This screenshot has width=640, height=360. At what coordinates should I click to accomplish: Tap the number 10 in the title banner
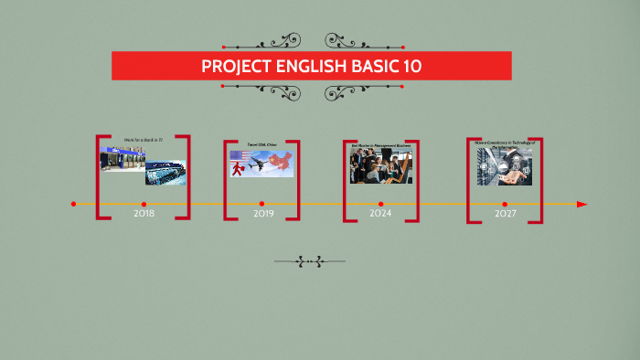point(411,67)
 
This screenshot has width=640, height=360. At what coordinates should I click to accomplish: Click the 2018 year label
point(144,214)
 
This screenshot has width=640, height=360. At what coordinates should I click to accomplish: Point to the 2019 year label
point(263,214)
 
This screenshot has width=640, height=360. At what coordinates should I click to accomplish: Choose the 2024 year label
point(380,214)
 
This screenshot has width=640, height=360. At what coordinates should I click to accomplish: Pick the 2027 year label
point(506,214)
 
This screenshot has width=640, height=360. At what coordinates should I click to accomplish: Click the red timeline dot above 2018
point(144,204)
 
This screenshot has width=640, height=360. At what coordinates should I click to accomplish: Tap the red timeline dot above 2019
point(261,204)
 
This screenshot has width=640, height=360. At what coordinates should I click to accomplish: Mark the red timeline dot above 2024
point(381,204)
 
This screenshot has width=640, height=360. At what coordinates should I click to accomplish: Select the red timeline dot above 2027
point(505,204)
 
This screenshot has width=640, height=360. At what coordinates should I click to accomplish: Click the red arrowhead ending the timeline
point(582,204)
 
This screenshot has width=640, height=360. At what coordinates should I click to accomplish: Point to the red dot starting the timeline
point(74,204)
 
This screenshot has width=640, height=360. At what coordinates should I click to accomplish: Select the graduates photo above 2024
point(380,165)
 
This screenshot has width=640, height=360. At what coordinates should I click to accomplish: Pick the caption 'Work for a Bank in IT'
point(144,140)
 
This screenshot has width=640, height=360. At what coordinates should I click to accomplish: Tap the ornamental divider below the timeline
point(310,262)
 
